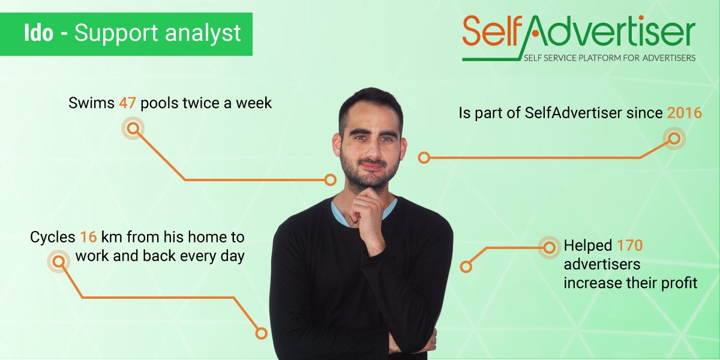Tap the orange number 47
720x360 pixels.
pyautogui.click(x=127, y=103)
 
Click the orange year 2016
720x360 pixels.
pyautogui.click(x=684, y=113)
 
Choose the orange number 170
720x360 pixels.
pyautogui.click(x=629, y=245)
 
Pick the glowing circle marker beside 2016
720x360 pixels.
pyautogui.click(x=674, y=139)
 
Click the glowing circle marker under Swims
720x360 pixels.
pyautogui.click(x=133, y=128)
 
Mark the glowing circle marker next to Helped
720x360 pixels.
pyautogui.click(x=548, y=247)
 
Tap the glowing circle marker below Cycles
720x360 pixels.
pyautogui.click(x=59, y=262)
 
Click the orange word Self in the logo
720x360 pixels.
pyautogui.click(x=491, y=32)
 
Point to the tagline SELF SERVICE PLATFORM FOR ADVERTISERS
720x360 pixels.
pyautogui.click(x=609, y=58)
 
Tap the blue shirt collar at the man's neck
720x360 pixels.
pyautogui.click(x=341, y=213)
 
